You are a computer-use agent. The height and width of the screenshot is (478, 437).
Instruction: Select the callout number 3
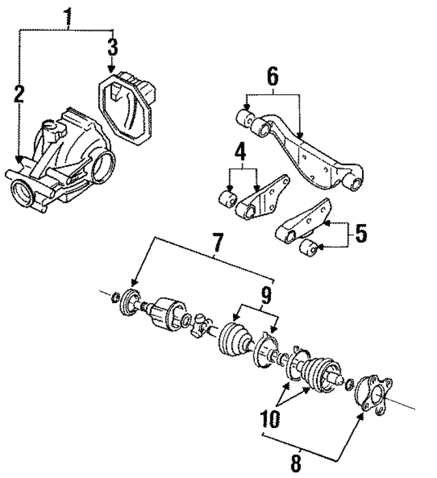pos(112,48)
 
